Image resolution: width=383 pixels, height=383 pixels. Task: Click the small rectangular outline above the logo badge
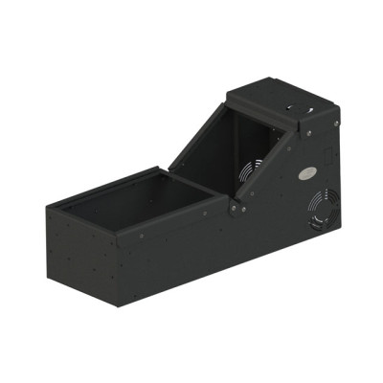click(x=325, y=152)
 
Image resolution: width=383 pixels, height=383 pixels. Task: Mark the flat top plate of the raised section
click(x=278, y=105)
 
